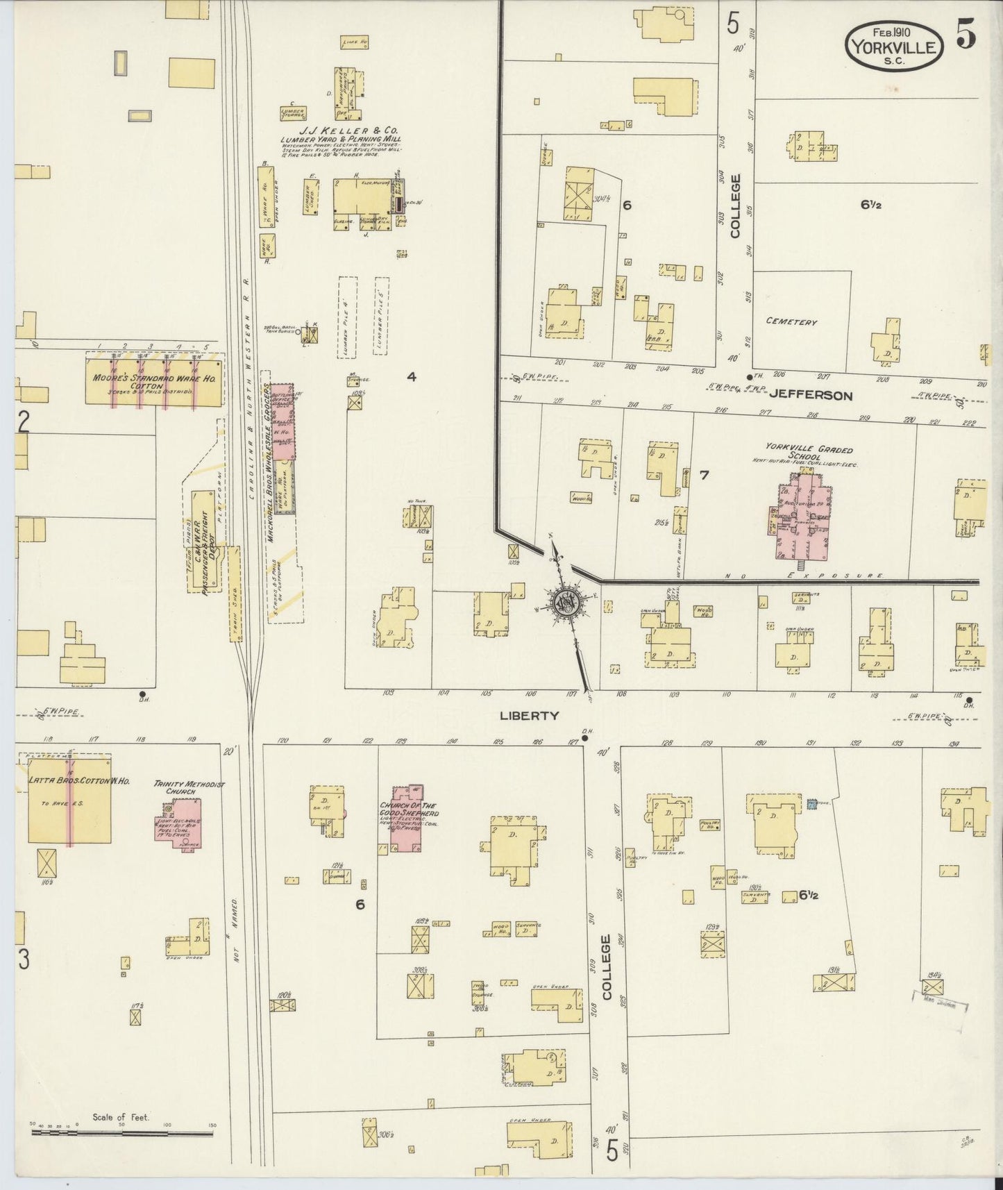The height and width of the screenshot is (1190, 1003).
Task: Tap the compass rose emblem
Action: [568, 602]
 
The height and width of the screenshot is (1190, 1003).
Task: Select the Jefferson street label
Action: [810, 395]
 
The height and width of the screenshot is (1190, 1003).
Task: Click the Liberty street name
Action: [529, 715]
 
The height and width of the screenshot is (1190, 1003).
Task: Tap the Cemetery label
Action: [791, 321]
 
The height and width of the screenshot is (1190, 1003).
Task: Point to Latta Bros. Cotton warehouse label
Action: [69, 780]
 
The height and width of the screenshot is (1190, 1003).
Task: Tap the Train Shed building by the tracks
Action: [234, 594]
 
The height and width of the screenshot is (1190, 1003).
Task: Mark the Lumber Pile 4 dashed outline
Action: [347, 317]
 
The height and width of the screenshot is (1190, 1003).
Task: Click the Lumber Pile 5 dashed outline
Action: [381, 317]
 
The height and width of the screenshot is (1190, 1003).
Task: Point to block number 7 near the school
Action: [704, 475]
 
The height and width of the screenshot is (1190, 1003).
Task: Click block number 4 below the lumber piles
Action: [412, 377]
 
